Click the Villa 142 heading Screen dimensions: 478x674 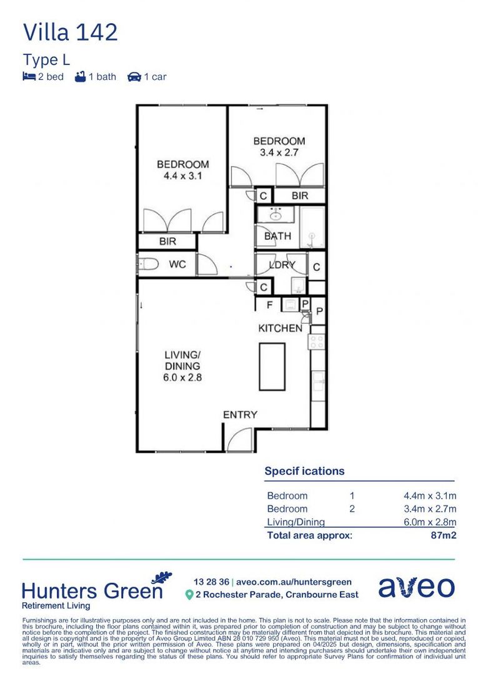pos(70,32)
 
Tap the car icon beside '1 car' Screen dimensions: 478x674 pos(134,77)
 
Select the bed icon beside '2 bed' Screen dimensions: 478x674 pos(29,77)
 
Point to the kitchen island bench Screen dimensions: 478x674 pos(272,366)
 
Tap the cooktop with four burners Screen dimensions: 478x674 pos(317,342)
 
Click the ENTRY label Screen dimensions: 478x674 pos(240,415)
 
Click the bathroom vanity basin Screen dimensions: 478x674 pos(276,214)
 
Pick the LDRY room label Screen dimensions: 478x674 pos(282,265)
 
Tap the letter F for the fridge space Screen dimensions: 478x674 pos(270,305)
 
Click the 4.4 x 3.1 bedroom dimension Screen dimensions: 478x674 pos(183,175)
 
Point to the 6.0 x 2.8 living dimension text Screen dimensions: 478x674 pos(182,378)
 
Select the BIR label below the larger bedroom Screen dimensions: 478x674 pos(167,241)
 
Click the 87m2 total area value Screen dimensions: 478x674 pos(444,535)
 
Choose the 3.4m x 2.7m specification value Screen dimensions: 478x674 pos(430,509)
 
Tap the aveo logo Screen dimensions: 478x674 pos(417,587)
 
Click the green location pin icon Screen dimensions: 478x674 pos(189,595)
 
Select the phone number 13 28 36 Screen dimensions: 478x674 pos(211,582)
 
